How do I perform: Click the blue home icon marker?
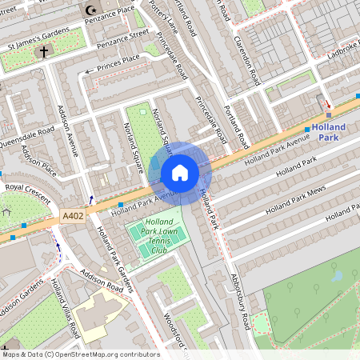[180, 173]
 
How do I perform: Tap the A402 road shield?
[71, 216]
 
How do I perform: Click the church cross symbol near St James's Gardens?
[42, 51]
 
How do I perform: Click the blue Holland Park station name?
[329, 132]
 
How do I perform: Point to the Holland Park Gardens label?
[117, 256]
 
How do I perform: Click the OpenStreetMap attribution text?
[81, 354]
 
